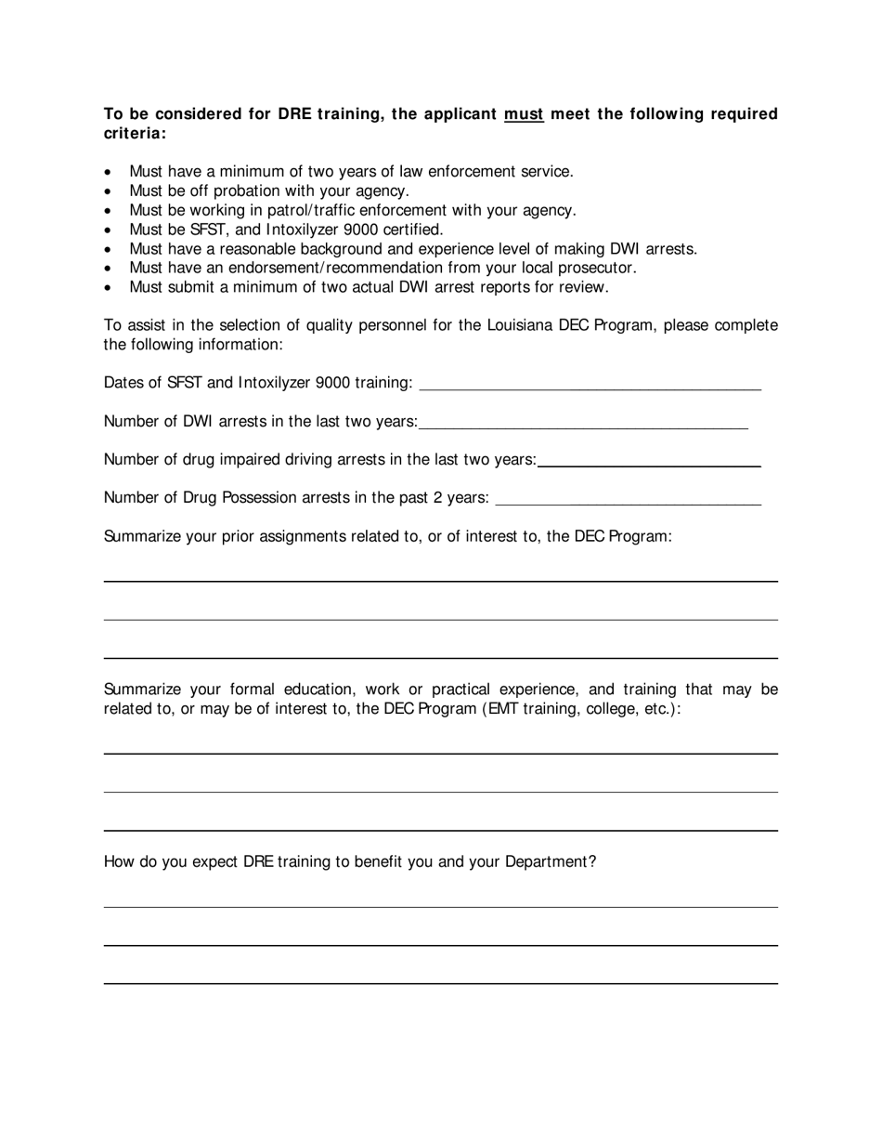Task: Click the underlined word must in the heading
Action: tap(524, 114)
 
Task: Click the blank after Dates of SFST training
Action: tap(590, 383)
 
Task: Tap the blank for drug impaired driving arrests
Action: tap(649, 459)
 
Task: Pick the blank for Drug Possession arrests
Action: tap(629, 498)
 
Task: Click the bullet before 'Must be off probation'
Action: tap(109, 191)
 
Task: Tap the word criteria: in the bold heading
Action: tap(136, 134)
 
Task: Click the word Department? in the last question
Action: tap(551, 861)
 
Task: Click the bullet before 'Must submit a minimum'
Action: tap(109, 287)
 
